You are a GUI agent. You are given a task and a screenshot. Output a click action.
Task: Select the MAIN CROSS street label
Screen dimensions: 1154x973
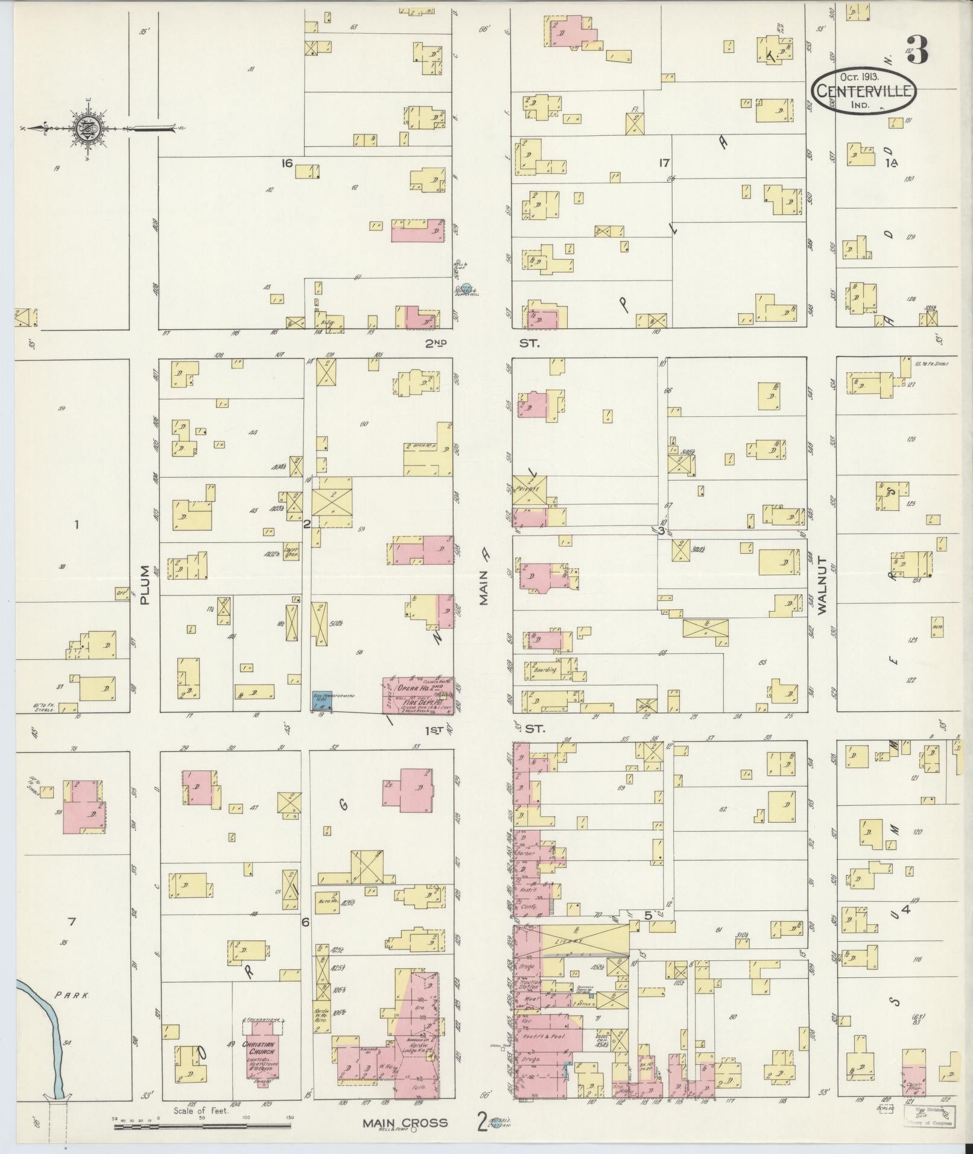pyautogui.click(x=405, y=1123)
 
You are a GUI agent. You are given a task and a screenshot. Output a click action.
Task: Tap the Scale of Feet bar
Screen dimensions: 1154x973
pyautogui.click(x=202, y=1117)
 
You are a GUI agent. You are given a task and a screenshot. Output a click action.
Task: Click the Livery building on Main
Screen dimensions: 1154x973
pyautogui.click(x=571, y=957)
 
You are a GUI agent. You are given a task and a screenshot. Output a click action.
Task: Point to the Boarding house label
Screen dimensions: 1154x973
pyautogui.click(x=545, y=669)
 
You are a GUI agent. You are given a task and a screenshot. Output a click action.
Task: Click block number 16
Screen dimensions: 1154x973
pyautogui.click(x=286, y=163)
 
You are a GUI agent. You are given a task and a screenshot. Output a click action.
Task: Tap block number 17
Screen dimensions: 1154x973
pyautogui.click(x=664, y=162)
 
